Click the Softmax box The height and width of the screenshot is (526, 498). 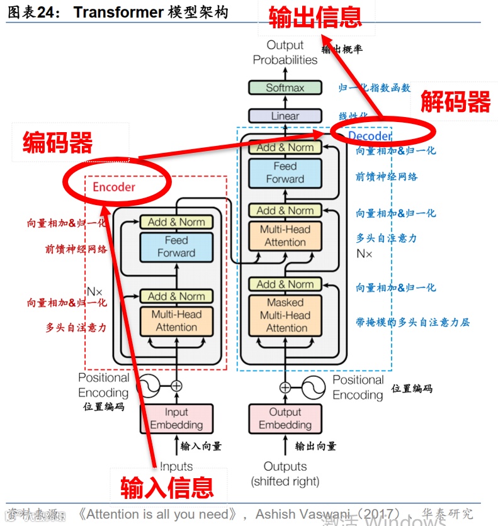(285, 88)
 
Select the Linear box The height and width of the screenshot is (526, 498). (285, 116)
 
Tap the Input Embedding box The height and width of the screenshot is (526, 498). (176, 418)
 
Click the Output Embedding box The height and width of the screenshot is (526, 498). (285, 418)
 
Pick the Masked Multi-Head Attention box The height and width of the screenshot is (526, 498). (285, 315)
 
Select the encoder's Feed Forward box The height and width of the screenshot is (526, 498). (176, 247)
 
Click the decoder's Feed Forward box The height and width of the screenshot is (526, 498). (285, 172)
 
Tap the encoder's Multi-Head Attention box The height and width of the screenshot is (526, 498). (176, 321)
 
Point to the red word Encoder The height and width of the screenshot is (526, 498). (114, 187)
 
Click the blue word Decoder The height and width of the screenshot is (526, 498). (370, 136)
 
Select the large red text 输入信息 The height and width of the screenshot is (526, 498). (167, 486)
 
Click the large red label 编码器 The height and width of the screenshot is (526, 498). (58, 142)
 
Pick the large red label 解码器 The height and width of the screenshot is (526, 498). (455, 101)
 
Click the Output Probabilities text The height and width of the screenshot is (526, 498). (285, 52)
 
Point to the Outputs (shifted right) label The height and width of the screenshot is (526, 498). (285, 474)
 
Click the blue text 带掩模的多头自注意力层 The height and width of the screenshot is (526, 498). (412, 323)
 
